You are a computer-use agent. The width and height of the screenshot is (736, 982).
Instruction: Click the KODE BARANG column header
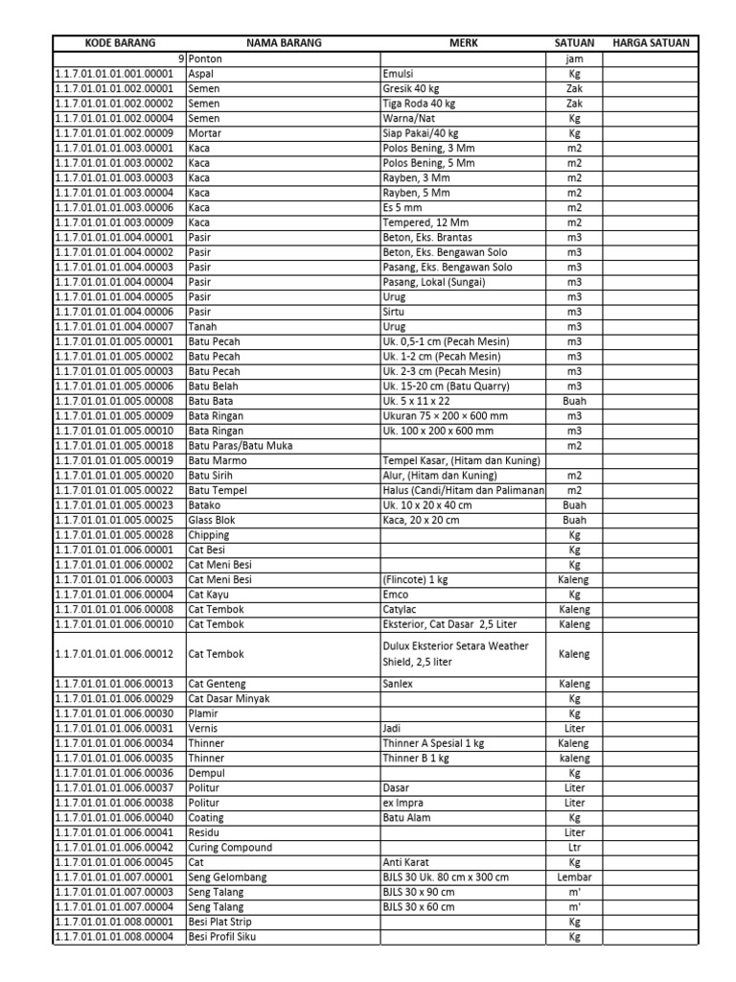pos(119,44)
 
